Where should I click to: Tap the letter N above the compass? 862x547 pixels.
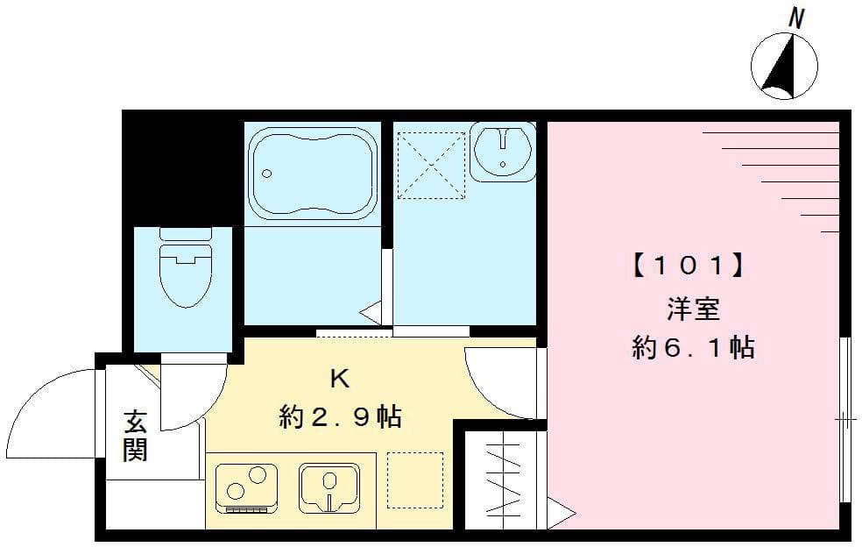point(796,18)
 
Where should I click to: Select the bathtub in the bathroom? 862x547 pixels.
point(313,172)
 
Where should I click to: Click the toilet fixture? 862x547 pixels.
point(185,266)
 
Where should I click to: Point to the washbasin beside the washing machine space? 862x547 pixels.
point(502,151)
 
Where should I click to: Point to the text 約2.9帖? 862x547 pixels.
point(340,416)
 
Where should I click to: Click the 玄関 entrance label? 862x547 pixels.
point(135,436)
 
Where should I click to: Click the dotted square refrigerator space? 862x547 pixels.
point(414,480)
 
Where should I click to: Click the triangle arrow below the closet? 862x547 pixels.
point(560,511)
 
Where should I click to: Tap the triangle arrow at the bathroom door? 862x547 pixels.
point(371,309)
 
